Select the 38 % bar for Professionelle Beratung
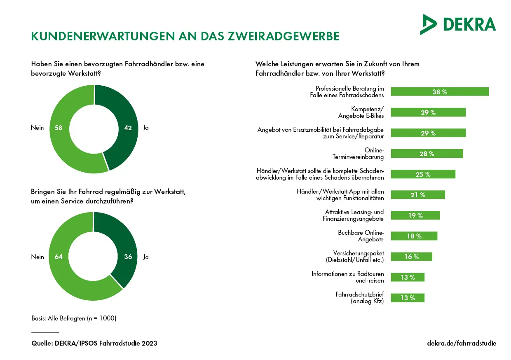click(x=439, y=92)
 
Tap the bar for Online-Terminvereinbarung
click(x=427, y=154)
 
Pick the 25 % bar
click(x=423, y=174)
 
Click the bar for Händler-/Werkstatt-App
click(x=417, y=195)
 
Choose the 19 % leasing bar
click(x=415, y=215)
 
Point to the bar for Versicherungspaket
click(x=411, y=257)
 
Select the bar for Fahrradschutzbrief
click(x=407, y=298)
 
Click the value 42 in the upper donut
click(x=128, y=128)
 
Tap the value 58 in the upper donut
click(x=58, y=128)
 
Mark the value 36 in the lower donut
click(x=128, y=257)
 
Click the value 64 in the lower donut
click(x=58, y=257)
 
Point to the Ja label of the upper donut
click(x=145, y=128)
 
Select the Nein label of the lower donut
click(x=38, y=257)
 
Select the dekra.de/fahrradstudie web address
click(x=462, y=343)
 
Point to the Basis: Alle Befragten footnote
click(x=74, y=318)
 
